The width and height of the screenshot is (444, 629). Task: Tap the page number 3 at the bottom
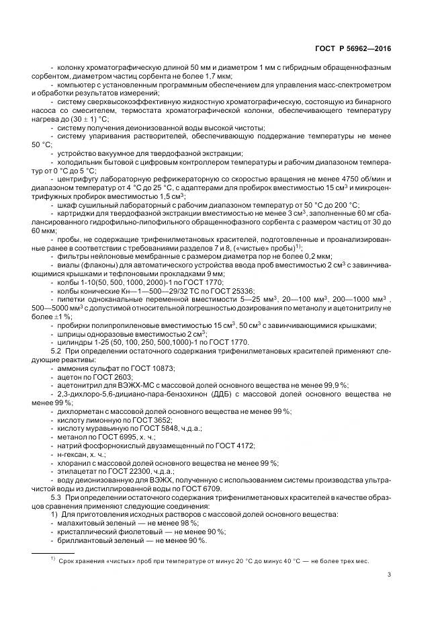tap(390, 574)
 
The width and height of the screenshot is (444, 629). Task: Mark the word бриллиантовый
tap(85, 542)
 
